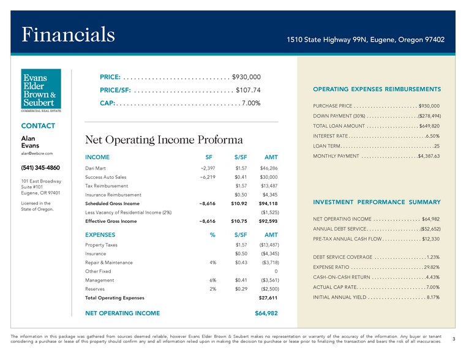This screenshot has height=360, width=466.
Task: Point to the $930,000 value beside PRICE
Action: [x=247, y=77]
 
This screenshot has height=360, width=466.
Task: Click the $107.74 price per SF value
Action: [x=249, y=90]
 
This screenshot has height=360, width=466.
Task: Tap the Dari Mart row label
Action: [x=97, y=168]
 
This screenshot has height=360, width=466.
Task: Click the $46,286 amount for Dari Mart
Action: [x=269, y=168]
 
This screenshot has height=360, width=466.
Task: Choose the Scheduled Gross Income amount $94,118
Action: [x=268, y=203]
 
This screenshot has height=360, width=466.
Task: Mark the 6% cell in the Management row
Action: [x=213, y=280]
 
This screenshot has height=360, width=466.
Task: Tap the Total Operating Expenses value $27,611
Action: [x=266, y=298]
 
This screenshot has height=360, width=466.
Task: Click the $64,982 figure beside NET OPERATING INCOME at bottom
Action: [x=266, y=313]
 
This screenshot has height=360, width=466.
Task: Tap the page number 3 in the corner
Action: [x=453, y=339]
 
